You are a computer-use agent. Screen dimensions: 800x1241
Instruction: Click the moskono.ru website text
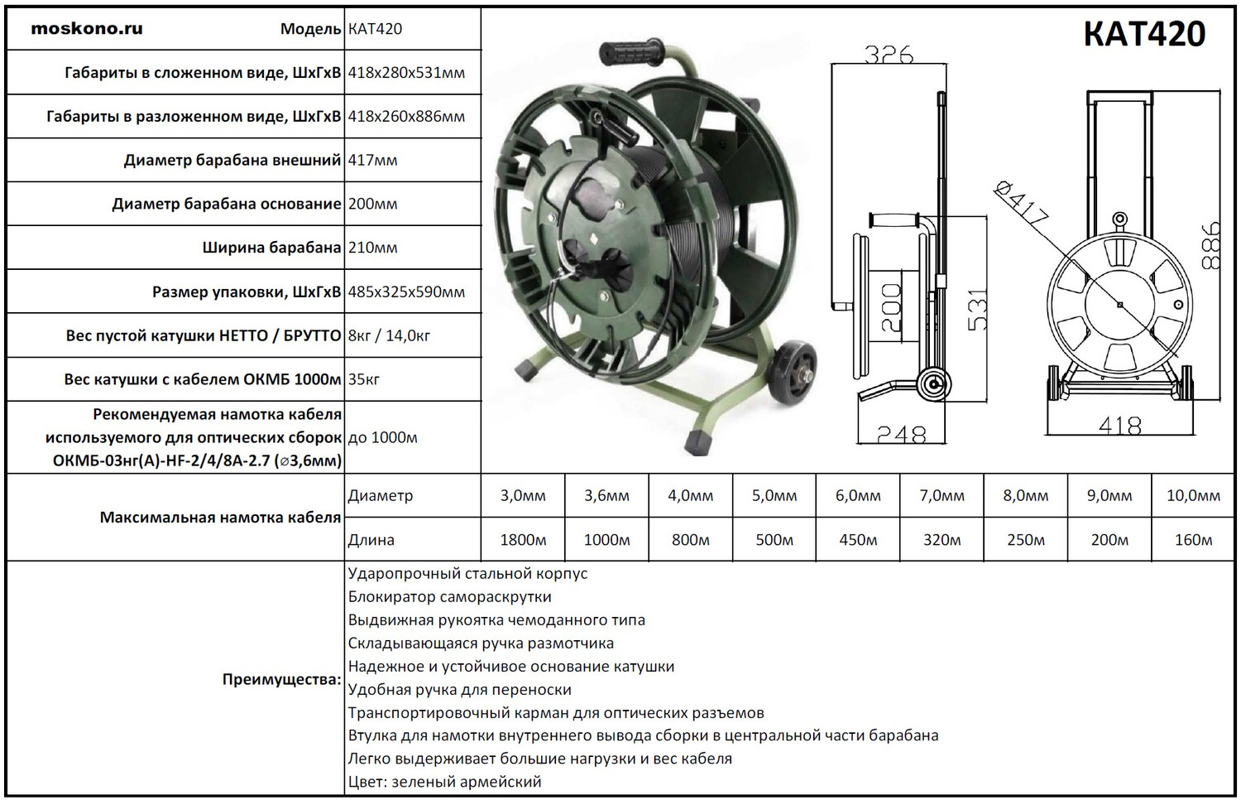87,29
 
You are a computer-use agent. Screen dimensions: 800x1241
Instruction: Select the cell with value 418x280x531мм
406,73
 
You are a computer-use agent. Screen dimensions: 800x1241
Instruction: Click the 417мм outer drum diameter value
372,160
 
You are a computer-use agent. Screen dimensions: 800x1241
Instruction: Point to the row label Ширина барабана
271,248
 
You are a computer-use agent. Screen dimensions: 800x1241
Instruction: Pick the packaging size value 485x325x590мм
406,292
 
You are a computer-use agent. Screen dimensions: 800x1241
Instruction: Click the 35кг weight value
364,379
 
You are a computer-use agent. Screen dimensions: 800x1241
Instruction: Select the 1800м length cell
523,540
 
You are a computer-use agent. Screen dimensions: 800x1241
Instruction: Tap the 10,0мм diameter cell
1193,496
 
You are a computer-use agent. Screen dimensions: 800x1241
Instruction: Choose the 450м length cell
858,540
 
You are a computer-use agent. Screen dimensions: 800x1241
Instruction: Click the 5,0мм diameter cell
774,496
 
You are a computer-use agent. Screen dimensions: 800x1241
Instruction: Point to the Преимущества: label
281,680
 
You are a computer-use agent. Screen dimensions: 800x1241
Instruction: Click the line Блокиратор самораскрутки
449,597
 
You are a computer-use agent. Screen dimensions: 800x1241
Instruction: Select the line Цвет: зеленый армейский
444,782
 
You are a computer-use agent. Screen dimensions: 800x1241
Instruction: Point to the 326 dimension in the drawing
889,55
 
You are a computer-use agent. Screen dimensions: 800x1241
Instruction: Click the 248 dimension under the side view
901,434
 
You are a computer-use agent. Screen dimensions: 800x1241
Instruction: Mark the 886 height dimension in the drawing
1210,245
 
